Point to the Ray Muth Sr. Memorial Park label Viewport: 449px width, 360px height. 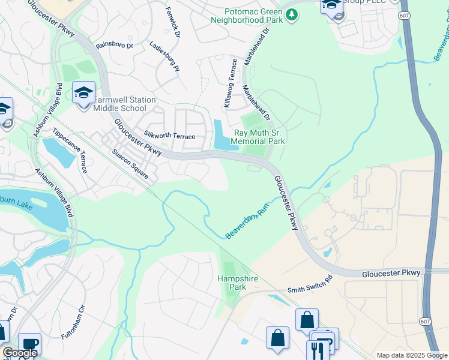click(x=259, y=137)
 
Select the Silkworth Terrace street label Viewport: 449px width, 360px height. click(x=169, y=136)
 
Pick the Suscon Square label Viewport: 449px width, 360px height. click(x=130, y=164)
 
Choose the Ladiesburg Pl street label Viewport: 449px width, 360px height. click(x=164, y=56)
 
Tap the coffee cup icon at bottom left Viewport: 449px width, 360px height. click(x=29, y=344)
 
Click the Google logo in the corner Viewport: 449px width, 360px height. click(x=20, y=353)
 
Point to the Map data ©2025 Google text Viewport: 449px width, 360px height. click(x=411, y=355)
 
